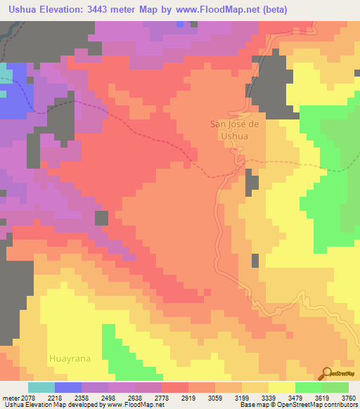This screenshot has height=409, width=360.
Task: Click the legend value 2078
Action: coord(28,398)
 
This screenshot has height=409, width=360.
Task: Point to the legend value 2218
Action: coord(54,398)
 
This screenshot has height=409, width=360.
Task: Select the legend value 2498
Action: coord(108,398)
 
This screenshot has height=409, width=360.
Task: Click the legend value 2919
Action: coord(188,398)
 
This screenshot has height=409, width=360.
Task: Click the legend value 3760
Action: coord(349,398)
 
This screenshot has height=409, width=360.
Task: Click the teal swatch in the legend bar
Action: coord(41,387)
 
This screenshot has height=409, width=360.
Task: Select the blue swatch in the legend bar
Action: coord(68,387)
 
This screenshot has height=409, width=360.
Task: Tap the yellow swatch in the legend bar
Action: coord(282,387)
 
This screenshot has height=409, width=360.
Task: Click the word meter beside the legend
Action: coord(11,398)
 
